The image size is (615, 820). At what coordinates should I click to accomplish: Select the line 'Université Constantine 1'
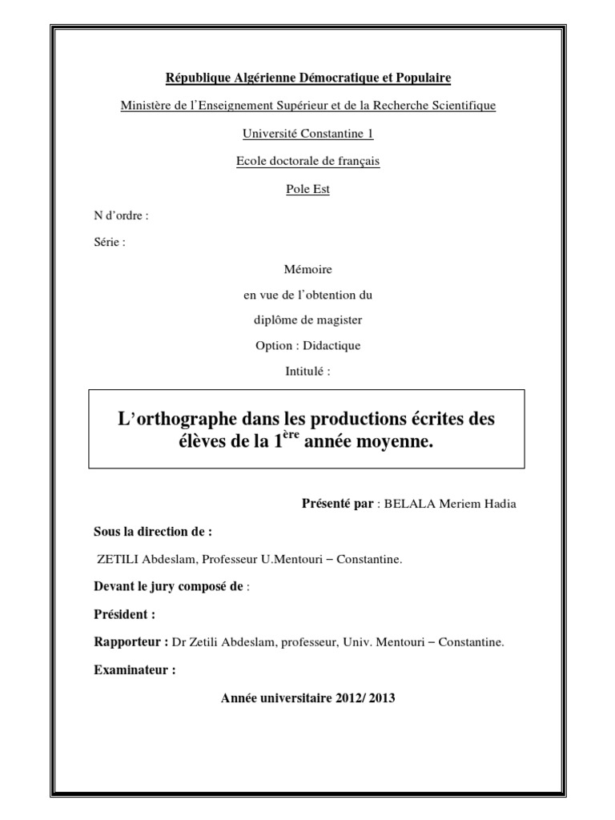click(x=307, y=133)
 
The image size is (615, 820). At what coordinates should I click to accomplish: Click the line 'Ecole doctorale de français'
click(x=307, y=161)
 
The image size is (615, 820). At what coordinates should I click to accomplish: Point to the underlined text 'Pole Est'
click(x=307, y=189)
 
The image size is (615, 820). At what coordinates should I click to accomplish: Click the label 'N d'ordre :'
click(x=121, y=215)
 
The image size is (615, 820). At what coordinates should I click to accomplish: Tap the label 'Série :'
click(x=110, y=243)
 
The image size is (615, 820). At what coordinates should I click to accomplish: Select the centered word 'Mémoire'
click(x=308, y=269)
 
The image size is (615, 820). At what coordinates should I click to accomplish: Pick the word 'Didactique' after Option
click(x=335, y=346)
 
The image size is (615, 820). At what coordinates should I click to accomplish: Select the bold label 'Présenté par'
click(x=337, y=504)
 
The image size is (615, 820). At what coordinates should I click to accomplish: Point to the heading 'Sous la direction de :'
click(x=153, y=532)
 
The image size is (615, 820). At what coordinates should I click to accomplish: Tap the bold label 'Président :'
click(x=124, y=615)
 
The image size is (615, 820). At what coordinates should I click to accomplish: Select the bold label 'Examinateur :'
click(x=135, y=669)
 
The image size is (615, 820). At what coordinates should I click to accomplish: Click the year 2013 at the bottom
click(x=382, y=698)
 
